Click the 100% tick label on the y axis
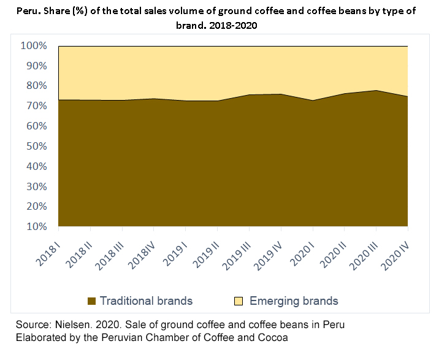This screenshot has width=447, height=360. tap(34, 45)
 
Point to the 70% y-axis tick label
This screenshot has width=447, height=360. tap(37, 105)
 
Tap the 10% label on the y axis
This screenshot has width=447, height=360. tap(37, 226)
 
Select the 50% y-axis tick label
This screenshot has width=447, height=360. tap(37, 146)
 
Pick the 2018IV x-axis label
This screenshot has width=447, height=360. tap(142, 256)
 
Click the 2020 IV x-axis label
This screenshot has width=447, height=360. tap(395, 256)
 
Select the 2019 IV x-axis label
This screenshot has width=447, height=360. tap(268, 256)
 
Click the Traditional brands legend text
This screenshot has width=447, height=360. tap(147, 301)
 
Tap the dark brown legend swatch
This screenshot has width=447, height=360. tap(91, 301)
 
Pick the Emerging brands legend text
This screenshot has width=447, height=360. tap(294, 301)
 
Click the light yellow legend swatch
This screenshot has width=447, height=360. tap(239, 301)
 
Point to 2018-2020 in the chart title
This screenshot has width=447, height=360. tap(233, 26)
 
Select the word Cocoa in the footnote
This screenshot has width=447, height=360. tap(273, 337)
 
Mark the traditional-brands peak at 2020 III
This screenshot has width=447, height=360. tap(376, 90)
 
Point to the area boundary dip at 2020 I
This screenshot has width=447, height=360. tap(313, 101)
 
